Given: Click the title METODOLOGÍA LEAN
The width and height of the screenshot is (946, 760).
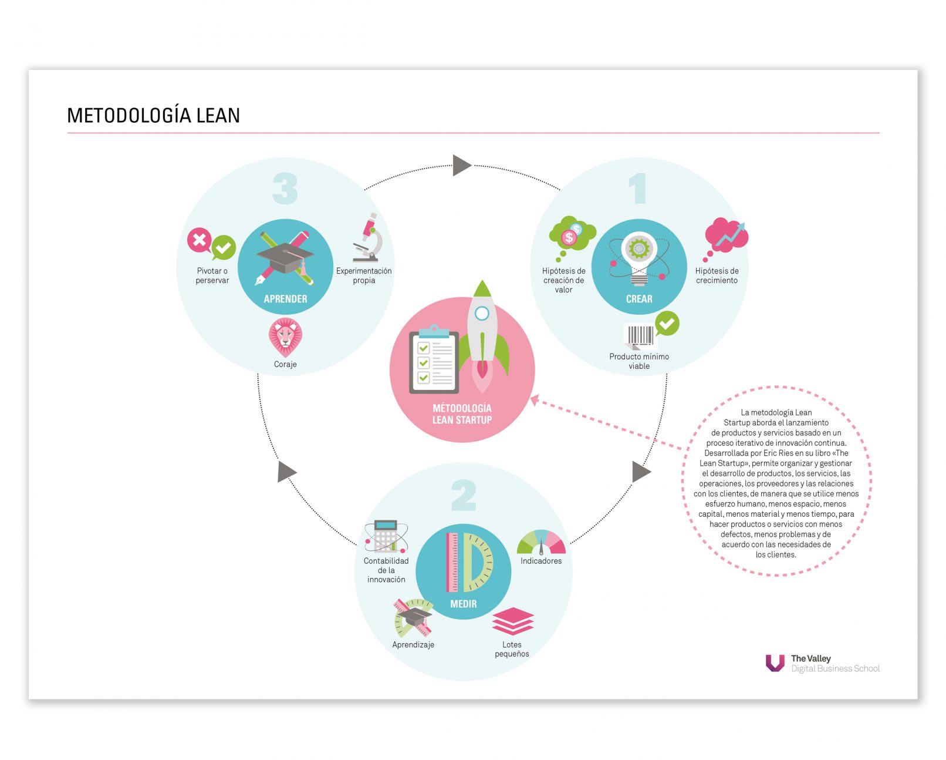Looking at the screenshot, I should tap(154, 115).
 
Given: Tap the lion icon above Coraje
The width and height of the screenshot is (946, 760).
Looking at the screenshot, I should tap(285, 337).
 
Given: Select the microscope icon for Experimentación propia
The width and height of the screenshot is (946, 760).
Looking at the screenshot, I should tap(368, 239).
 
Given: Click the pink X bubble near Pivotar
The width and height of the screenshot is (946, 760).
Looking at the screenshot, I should tap(200, 240).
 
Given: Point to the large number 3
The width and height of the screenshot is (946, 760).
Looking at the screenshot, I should tap(285, 189).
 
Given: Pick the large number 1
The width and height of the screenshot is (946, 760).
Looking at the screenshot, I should tap(638, 189).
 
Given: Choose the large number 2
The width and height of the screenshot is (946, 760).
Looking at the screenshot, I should tap(463, 496).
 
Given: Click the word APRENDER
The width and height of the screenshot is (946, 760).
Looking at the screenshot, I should tap(285, 299).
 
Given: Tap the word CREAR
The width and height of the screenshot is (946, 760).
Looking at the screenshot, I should tap(639, 299).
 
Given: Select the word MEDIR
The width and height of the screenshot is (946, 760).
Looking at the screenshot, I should tap(463, 604).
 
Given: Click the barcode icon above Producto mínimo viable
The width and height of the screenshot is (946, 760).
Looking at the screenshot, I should tap(640, 336).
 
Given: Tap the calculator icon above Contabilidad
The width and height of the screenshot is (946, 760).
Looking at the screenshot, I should tap(386, 536).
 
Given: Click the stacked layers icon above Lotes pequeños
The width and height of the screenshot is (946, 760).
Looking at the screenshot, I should tap(512, 621).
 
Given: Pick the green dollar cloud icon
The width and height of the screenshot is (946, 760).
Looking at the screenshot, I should tap(572, 234).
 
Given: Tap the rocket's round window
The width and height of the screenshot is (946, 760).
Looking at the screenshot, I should tap(482, 313).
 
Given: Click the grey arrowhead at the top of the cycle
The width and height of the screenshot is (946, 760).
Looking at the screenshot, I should tap(461, 165).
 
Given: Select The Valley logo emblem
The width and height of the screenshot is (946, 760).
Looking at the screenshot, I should tap(775, 663).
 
